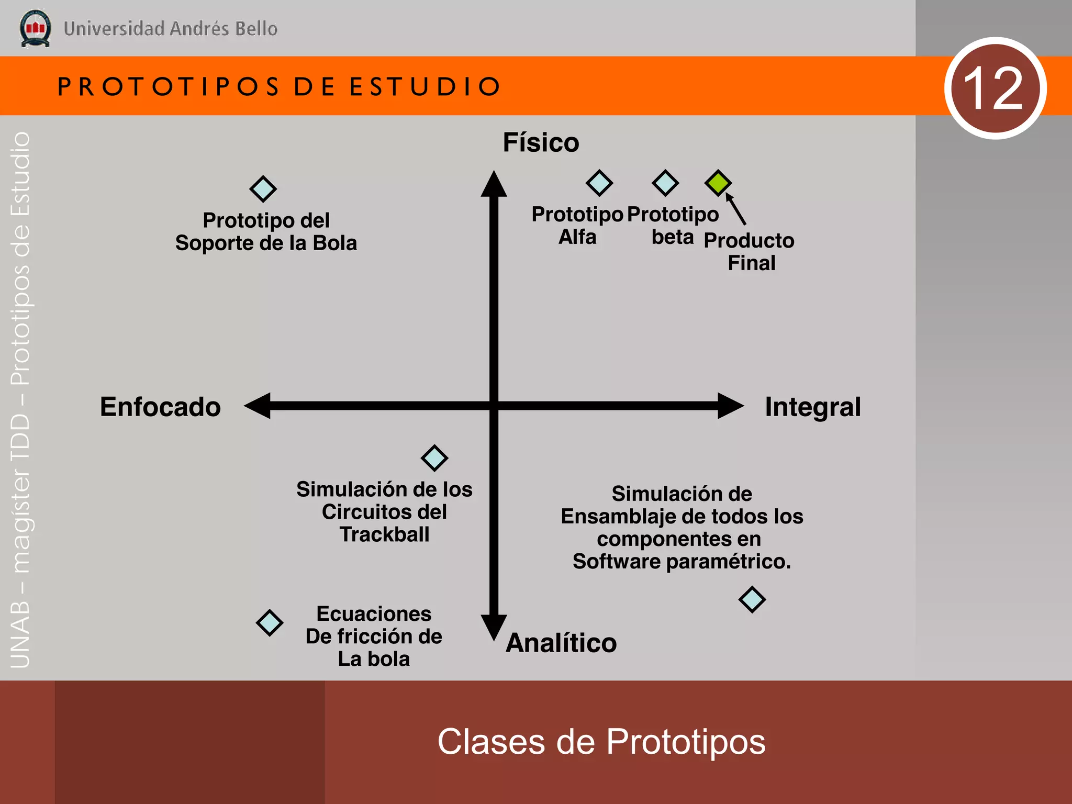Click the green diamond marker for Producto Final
tap(718, 183)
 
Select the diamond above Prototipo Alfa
tap(599, 183)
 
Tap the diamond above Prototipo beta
tap(665, 183)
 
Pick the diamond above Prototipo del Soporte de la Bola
tap(263, 189)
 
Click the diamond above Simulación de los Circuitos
tap(434, 458)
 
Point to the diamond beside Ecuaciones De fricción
tap(270, 622)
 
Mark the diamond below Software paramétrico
tap(752, 599)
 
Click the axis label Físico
tap(541, 142)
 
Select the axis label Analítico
tap(561, 643)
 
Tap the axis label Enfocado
tap(160, 407)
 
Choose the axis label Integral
tap(812, 407)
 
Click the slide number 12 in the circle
tap(994, 88)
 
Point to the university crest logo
tap(35, 28)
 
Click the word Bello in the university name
tap(256, 29)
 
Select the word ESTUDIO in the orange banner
tap(425, 86)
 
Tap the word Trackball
tap(384, 534)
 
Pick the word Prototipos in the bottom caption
tap(686, 742)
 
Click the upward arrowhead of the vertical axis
tap(494, 184)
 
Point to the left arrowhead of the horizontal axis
tap(258, 406)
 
